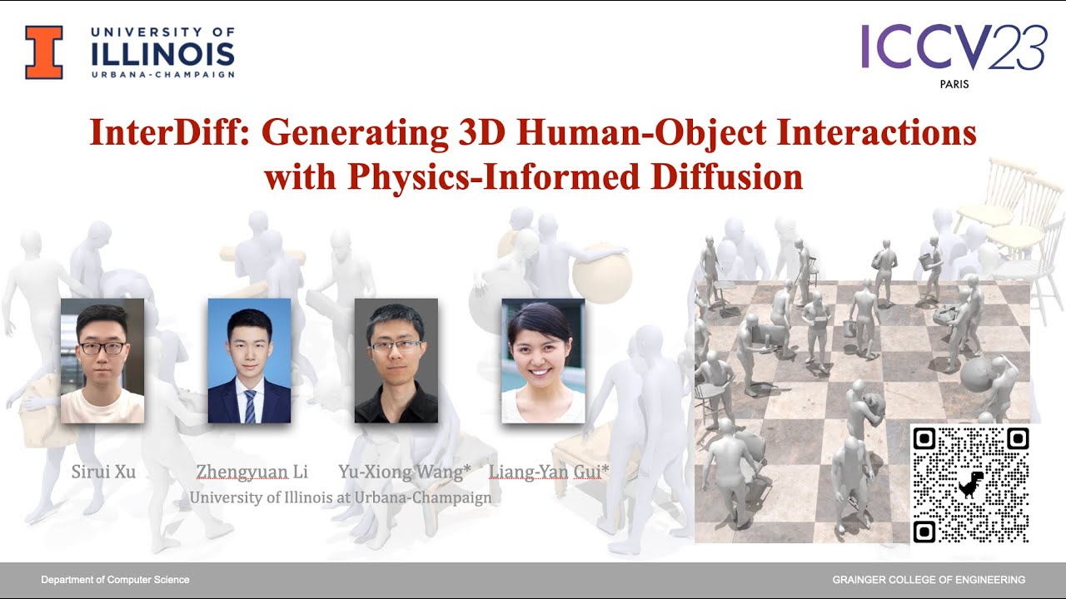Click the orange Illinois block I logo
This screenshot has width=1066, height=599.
tap(44, 52)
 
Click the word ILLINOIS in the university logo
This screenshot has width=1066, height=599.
tap(162, 53)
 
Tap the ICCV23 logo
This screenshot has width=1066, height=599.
tap(953, 47)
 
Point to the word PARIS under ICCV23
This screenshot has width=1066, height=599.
tap(954, 85)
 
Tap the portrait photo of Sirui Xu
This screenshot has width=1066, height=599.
tap(102, 360)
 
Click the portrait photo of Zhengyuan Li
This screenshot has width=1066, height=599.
tap(249, 360)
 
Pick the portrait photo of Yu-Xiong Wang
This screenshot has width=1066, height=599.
tap(396, 360)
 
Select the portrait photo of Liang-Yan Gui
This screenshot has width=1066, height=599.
tap(543, 360)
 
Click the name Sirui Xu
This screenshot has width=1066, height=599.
tap(103, 473)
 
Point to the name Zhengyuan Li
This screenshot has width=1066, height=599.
tap(252, 473)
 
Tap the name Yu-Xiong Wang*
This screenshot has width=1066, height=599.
tap(404, 473)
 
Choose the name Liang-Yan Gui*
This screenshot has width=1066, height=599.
tap(549, 473)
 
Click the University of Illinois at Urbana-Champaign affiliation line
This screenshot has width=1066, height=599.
tap(341, 498)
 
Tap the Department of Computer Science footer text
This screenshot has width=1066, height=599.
tap(115, 580)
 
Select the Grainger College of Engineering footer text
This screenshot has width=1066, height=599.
tap(929, 580)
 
